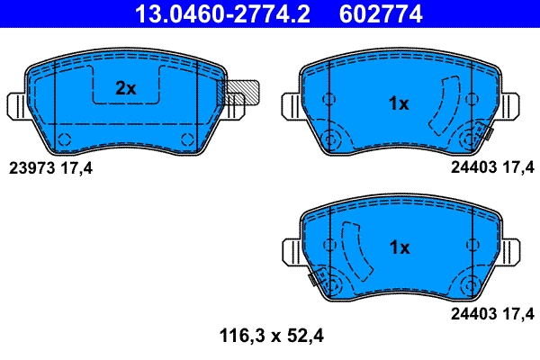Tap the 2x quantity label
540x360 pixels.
click(x=125, y=87)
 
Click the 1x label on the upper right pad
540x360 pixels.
click(x=399, y=103)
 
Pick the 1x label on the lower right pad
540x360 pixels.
click(x=399, y=247)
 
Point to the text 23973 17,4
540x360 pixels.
click(x=50, y=168)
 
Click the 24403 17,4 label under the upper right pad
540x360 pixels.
click(x=493, y=168)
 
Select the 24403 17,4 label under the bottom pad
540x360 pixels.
click(x=493, y=313)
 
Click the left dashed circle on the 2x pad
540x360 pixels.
click(x=64, y=138)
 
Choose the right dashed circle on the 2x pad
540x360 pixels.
click(x=187, y=138)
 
